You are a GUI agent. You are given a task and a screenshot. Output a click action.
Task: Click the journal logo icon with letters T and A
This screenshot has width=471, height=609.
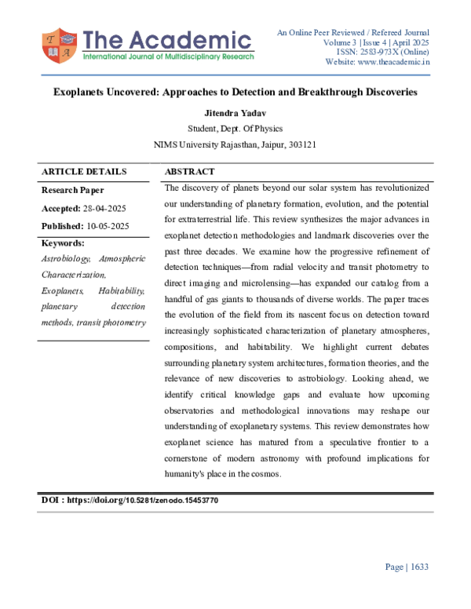pos(59,46)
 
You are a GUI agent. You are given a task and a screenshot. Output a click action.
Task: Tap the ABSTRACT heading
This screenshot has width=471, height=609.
pos(190,172)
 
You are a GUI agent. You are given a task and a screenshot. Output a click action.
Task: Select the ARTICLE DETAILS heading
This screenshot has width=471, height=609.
pos(83,172)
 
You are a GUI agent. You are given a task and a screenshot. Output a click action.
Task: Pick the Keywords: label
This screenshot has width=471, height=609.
pos(62,243)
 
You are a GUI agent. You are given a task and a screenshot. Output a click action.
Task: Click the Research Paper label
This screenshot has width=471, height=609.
pos(72,190)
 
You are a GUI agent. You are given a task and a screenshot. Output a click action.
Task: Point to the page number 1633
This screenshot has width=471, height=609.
pos(417,567)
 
